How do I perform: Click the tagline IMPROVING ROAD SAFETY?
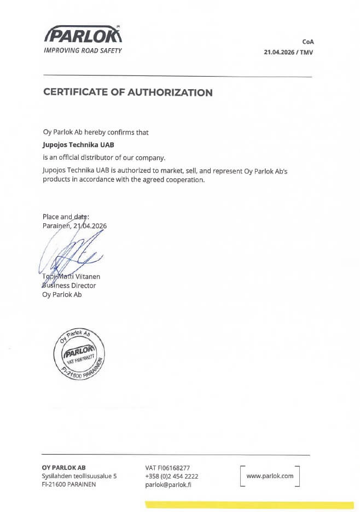[x=83, y=51]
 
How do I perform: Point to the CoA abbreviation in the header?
[x=308, y=42]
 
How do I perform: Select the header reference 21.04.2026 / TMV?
[x=289, y=53]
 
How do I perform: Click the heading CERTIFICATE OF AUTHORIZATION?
[x=128, y=92]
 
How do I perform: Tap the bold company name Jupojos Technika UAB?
[x=79, y=145]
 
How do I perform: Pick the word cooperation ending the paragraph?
[x=187, y=180]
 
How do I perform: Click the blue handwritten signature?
[x=68, y=253]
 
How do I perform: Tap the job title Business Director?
[x=69, y=286]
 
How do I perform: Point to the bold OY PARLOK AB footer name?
[x=63, y=468]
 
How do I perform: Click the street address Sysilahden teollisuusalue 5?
[x=79, y=476]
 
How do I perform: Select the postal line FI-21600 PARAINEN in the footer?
[x=69, y=485]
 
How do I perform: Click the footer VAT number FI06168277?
[x=167, y=468]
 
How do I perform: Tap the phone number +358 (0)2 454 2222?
[x=172, y=476]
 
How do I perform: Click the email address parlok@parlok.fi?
[x=168, y=485]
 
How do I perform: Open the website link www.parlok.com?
[x=270, y=476]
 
